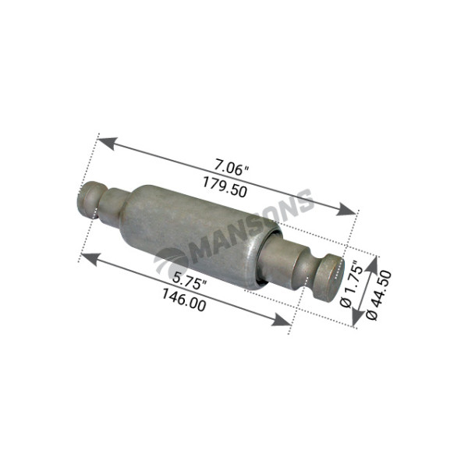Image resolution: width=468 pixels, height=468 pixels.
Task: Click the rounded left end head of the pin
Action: [x=88, y=198]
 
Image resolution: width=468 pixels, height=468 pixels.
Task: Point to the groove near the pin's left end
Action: [x=101, y=202]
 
